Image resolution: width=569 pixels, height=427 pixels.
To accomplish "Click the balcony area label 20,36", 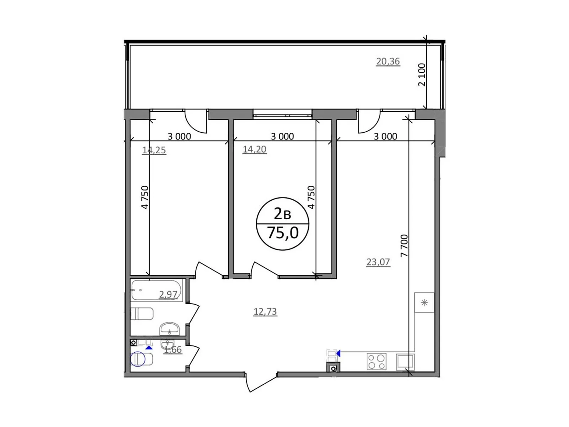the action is (388, 62).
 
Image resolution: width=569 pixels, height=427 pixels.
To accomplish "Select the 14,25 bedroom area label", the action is (154, 150).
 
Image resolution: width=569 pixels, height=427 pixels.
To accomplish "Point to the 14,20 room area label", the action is (255, 149).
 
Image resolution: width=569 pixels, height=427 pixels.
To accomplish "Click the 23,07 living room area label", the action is (378, 262).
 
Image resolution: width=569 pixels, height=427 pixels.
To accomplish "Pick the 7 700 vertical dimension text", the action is (404, 246).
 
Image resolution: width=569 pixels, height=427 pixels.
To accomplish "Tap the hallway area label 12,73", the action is (265, 311).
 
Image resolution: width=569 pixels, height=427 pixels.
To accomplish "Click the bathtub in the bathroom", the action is (156, 290).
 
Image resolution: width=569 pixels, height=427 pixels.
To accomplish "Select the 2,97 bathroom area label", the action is (168, 294).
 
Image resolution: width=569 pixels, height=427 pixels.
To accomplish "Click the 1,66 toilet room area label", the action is (173, 349).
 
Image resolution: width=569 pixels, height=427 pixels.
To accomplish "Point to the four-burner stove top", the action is (377, 362).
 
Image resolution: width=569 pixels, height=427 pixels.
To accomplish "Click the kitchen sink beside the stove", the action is (405, 362).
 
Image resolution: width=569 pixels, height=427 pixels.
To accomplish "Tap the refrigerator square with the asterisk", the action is (424, 302).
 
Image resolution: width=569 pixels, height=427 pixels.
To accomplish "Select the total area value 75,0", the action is (283, 233).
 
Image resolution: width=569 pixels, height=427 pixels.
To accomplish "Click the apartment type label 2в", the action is (283, 214).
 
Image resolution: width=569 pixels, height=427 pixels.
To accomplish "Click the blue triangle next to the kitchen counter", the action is (338, 353).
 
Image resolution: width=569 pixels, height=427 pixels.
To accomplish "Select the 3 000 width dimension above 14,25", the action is (179, 136).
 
